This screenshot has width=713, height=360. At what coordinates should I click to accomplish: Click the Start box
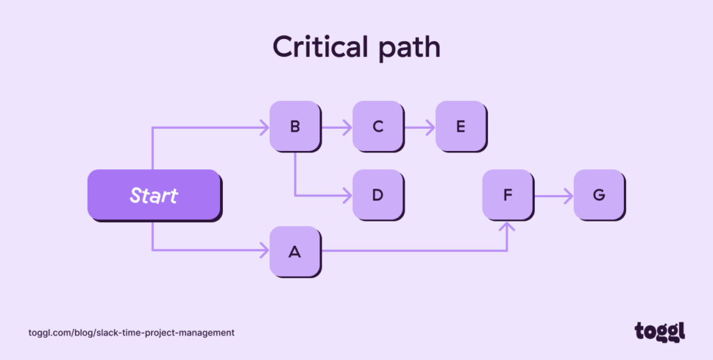pos(153,195)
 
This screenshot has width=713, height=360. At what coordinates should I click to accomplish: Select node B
pos(295,127)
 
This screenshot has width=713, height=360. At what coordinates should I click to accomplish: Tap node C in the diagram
pos(377,127)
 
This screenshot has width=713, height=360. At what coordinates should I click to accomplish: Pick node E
pos(460,127)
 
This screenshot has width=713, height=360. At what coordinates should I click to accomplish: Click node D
pos(377,195)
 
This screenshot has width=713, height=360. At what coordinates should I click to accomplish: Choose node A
pos(295,251)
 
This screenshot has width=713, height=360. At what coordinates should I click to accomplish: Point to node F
pos(508,195)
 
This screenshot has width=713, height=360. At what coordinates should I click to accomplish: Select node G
pos(598,195)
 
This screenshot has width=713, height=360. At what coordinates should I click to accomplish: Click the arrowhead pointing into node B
pos(265,127)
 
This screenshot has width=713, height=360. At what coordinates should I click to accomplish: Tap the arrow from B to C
pos(336,127)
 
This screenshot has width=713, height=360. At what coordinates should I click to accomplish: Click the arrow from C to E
pos(419,127)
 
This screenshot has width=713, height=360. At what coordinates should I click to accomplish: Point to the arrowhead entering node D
pos(347,196)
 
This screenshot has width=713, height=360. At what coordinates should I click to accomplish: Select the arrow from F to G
pos(553,196)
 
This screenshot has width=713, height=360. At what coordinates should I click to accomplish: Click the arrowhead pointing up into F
pos(508,226)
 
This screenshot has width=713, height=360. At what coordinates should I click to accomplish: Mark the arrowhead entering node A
pos(265,250)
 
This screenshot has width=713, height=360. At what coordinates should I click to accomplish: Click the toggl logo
pos(659,331)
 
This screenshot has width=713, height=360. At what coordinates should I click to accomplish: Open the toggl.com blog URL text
pos(132,333)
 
